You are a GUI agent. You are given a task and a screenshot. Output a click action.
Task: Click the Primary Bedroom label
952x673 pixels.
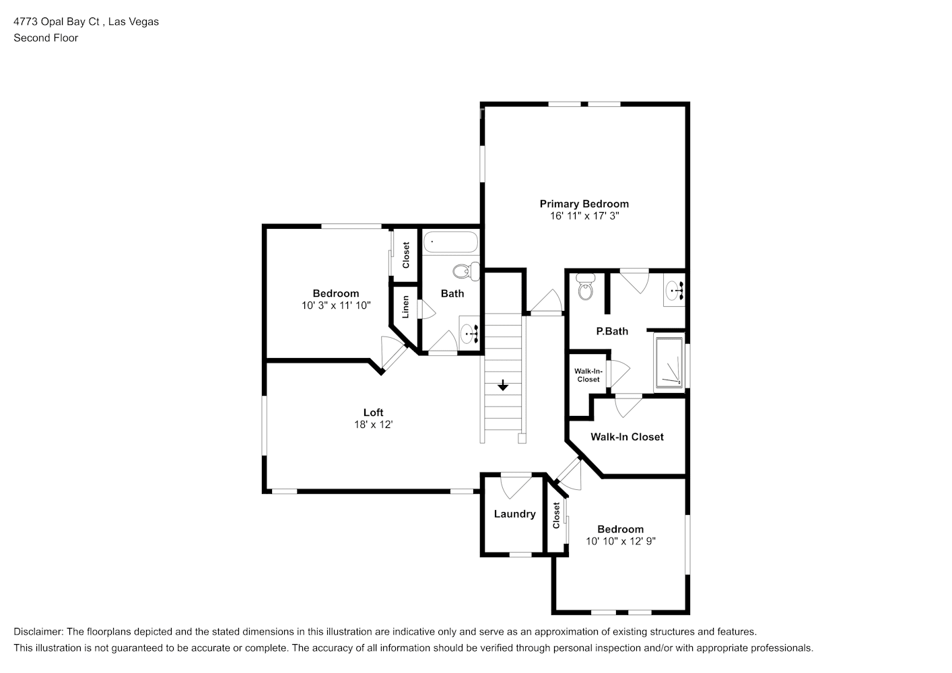click(584, 204)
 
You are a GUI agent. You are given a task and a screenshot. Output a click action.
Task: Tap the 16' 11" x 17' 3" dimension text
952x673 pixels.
click(584, 216)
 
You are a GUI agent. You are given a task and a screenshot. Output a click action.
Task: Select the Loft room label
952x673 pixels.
click(373, 413)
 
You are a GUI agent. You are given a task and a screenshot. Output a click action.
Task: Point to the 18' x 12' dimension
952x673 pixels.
click(373, 425)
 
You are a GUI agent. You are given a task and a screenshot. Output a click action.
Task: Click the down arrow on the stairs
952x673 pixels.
click(503, 386)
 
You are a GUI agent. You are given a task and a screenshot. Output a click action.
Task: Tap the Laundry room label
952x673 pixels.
click(514, 514)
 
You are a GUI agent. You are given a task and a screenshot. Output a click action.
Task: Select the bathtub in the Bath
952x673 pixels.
click(450, 242)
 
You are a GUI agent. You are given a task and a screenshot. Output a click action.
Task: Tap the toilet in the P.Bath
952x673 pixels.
click(585, 289)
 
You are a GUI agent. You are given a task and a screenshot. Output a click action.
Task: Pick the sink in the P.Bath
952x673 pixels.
click(673, 291)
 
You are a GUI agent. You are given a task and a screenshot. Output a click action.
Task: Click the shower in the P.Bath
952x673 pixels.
click(669, 364)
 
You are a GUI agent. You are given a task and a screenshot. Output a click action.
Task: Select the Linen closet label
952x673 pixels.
click(406, 307)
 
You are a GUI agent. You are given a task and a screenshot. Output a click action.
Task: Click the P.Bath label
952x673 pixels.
click(612, 331)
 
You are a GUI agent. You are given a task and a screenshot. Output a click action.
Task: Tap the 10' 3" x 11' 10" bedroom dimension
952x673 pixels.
click(335, 306)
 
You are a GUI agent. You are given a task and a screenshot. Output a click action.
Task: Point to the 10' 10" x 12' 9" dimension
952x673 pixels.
click(620, 541)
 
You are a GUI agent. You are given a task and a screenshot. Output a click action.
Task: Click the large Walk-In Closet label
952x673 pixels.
click(627, 437)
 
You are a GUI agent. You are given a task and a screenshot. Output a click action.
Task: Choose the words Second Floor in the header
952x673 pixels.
click(46, 38)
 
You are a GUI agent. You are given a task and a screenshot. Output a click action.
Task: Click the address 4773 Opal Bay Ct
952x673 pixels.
click(57, 22)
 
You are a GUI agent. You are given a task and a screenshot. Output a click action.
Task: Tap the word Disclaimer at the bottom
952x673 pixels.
click(38, 632)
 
